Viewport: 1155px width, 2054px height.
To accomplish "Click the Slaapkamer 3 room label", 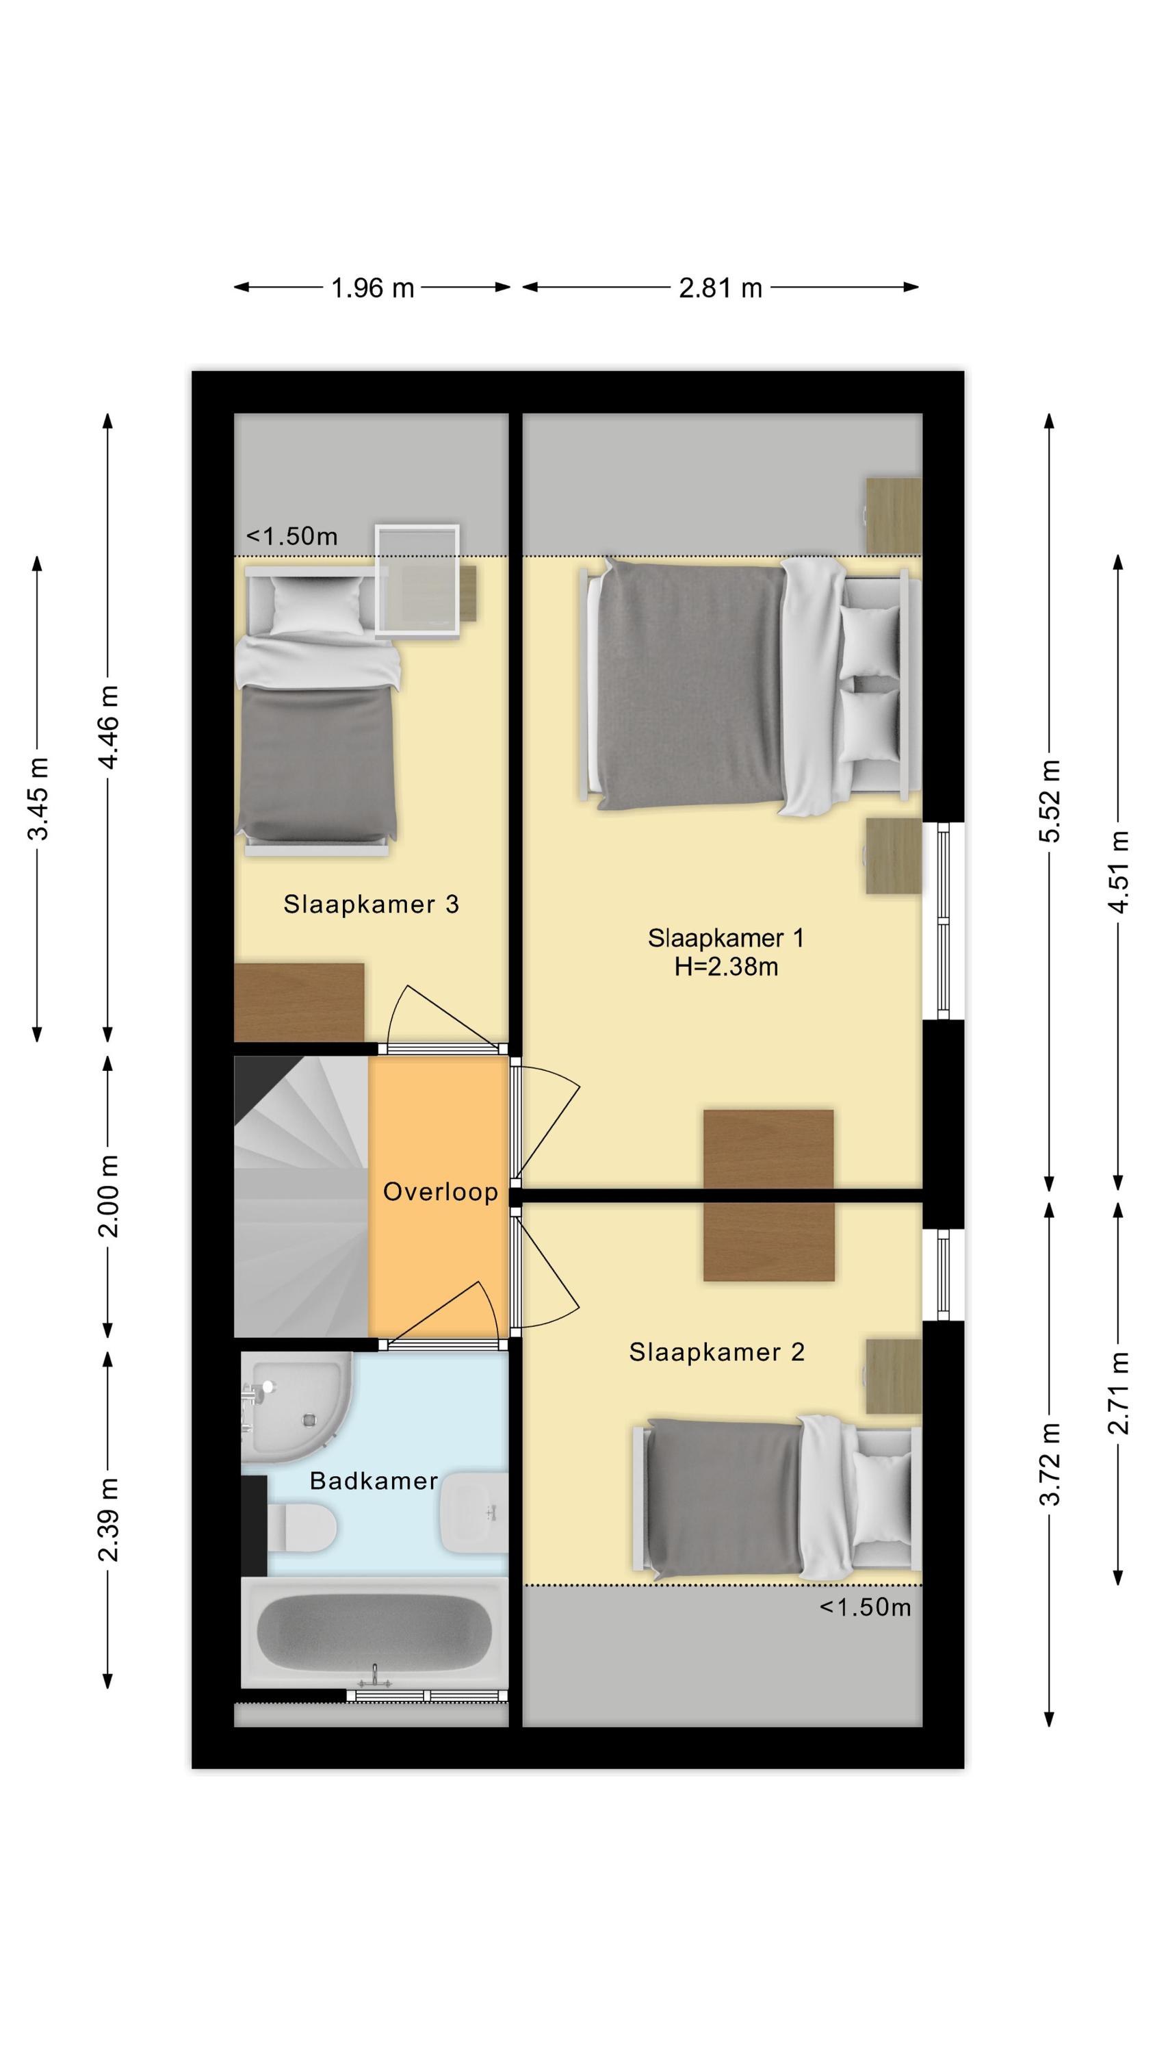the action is [371, 904].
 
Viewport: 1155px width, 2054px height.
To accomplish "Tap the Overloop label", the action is [441, 1191].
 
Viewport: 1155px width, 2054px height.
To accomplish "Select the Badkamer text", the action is [374, 1481].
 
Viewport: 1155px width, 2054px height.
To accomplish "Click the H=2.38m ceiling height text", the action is [726, 967].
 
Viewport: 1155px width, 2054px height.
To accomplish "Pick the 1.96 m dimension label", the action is [372, 288].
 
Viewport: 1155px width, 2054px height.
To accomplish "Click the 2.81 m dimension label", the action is [721, 288].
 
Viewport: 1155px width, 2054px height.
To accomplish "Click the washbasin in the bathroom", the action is [474, 1512].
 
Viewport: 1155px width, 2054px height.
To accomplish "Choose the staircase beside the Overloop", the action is [300, 1197].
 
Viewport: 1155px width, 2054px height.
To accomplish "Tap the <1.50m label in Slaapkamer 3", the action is [291, 536].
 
